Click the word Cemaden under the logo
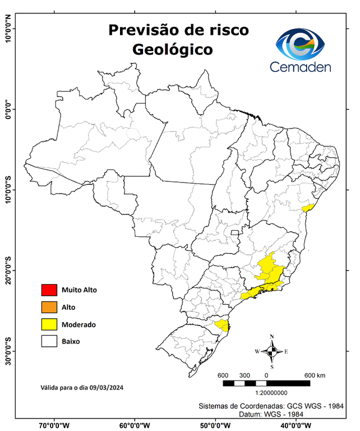(x=301, y=67)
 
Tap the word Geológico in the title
(x=173, y=49)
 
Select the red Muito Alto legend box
(x=49, y=290)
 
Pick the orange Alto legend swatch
(x=49, y=307)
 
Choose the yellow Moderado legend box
(x=49, y=324)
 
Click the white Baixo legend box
(x=49, y=341)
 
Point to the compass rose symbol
(x=272, y=351)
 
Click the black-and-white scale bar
(x=266, y=383)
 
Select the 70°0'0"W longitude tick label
(x=54, y=425)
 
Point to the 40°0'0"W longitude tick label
(x=296, y=425)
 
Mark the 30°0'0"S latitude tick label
(x=8, y=351)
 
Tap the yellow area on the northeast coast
(x=307, y=208)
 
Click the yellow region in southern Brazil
(x=223, y=325)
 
